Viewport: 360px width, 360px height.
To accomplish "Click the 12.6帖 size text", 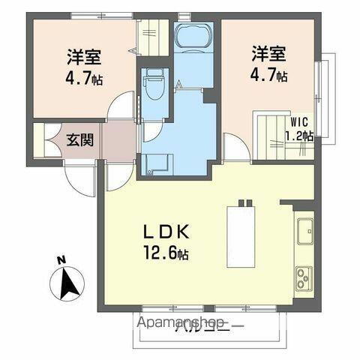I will pyautogui.click(x=163, y=253).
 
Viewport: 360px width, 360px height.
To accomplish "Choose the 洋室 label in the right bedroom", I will pyautogui.click(x=269, y=53).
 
